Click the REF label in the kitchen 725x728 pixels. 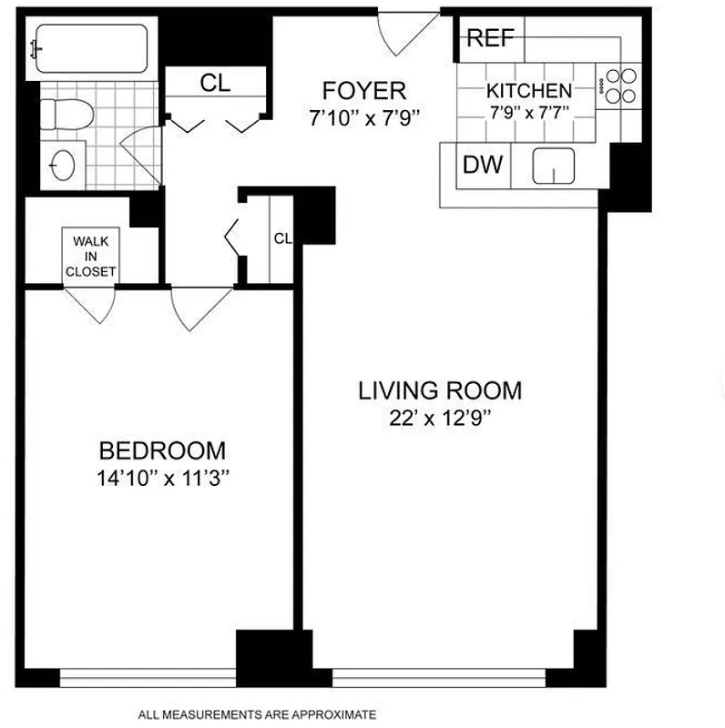490,38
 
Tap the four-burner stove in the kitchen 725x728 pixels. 620,86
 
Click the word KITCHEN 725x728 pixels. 529,91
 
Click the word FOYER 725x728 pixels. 363,91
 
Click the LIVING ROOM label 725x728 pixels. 440,391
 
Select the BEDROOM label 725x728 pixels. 162,450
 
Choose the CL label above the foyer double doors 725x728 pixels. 216,83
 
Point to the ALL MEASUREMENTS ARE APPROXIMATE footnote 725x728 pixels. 257,714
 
